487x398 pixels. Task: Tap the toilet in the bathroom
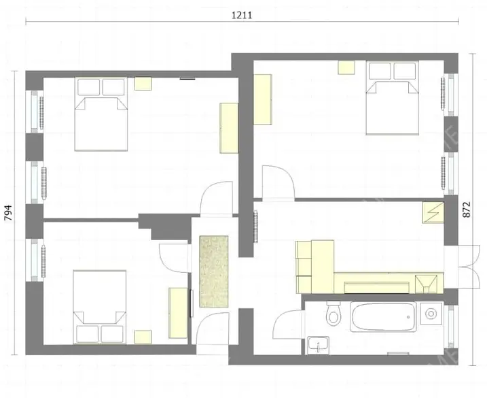pos(333,314)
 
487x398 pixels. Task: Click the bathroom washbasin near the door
pos(317,345)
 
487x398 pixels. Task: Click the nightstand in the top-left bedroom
pos(143,83)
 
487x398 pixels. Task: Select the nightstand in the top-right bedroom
pos(347,67)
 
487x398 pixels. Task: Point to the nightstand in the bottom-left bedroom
pos(143,337)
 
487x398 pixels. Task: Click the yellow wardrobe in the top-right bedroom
pos(263,99)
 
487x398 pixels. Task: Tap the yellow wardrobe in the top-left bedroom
pos(229,128)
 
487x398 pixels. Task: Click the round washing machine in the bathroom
pos(429,314)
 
